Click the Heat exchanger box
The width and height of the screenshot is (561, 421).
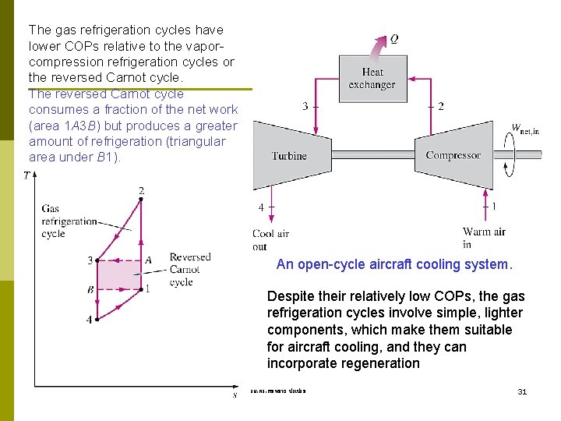coord(372,79)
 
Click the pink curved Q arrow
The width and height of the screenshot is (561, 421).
coord(377,46)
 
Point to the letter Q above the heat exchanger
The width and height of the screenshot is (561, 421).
coord(394,38)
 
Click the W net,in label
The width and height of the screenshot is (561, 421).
coord(524,129)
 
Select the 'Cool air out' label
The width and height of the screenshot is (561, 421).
coord(270,240)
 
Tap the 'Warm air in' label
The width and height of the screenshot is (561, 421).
coord(483,238)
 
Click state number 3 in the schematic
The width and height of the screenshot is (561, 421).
coord(305,107)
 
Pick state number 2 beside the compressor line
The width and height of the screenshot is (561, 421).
coord(441,107)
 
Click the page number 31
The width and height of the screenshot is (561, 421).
coord(522,391)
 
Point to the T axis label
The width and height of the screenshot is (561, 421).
coord(26,175)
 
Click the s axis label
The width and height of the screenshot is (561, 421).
coord(235,395)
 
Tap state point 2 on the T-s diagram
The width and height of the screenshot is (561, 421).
coord(141,199)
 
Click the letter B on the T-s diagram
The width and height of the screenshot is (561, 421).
coord(90,289)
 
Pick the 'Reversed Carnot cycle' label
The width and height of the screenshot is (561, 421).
coord(189,270)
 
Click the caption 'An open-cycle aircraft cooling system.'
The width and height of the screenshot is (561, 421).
coord(394,264)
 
